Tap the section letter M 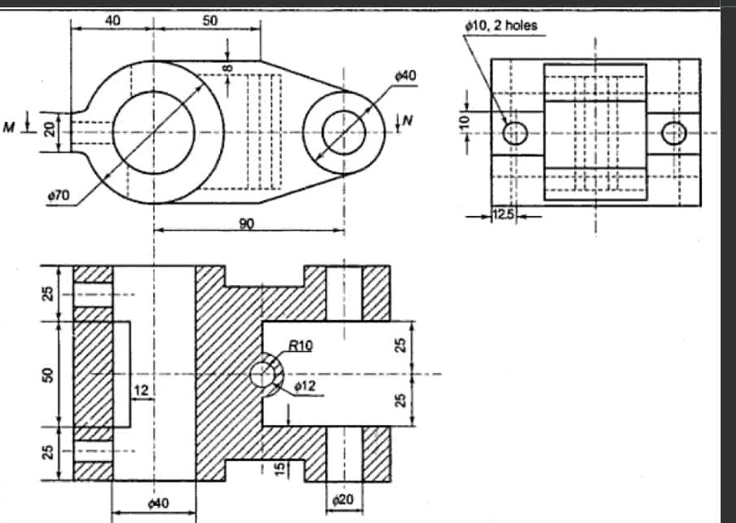click(x=11, y=125)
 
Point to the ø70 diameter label click(x=58, y=196)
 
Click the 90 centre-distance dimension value click(x=246, y=224)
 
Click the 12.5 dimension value click(x=505, y=216)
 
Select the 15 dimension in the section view click(x=280, y=468)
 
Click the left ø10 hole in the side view click(x=515, y=132)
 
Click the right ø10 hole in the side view click(x=674, y=132)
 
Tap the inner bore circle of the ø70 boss click(x=153, y=132)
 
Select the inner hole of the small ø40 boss click(x=344, y=132)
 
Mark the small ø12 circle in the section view click(x=262, y=375)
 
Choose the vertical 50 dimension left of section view click(x=48, y=375)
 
